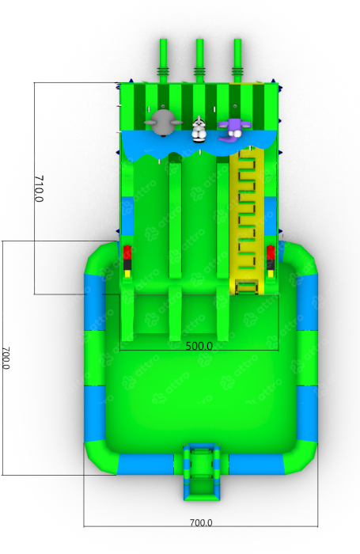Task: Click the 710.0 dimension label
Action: [39, 188]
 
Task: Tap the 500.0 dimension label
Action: [199, 346]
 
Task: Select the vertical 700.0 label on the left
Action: [6, 358]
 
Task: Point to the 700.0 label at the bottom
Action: [201, 522]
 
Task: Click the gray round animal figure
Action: [163, 123]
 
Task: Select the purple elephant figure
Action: [234, 130]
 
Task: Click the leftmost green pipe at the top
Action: [163, 61]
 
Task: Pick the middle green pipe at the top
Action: [199, 61]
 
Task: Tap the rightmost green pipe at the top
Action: [237, 61]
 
